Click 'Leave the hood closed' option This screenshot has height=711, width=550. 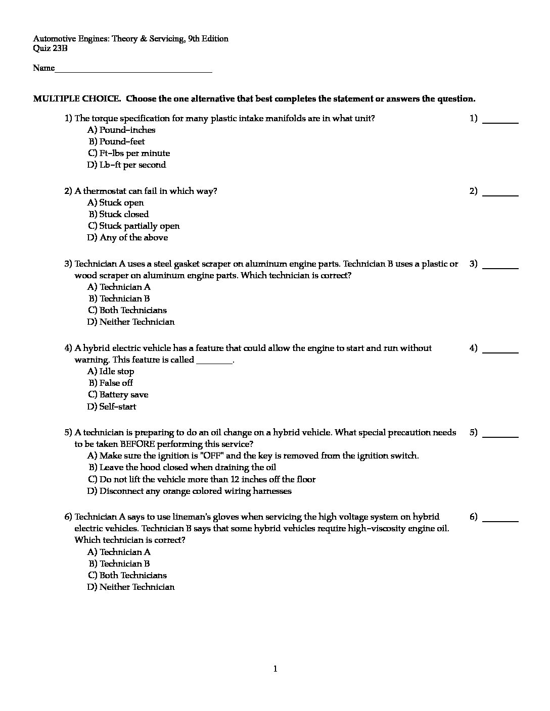(x=187, y=467)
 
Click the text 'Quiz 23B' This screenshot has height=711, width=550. (x=50, y=48)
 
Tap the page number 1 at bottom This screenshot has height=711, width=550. (x=275, y=669)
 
